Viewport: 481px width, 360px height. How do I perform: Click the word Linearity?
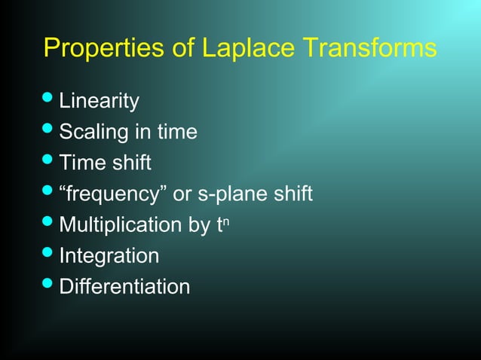pyautogui.click(x=99, y=100)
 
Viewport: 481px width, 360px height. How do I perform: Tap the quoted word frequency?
pyautogui.click(x=113, y=194)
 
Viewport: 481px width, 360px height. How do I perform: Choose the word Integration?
pyautogui.click(x=109, y=256)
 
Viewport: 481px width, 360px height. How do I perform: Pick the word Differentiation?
pyautogui.click(x=124, y=287)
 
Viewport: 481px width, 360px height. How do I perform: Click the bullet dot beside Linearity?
pyautogui.click(x=49, y=99)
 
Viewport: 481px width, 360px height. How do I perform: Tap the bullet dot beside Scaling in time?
pyautogui.click(x=49, y=130)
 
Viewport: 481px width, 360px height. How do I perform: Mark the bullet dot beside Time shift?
pyautogui.click(x=49, y=161)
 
